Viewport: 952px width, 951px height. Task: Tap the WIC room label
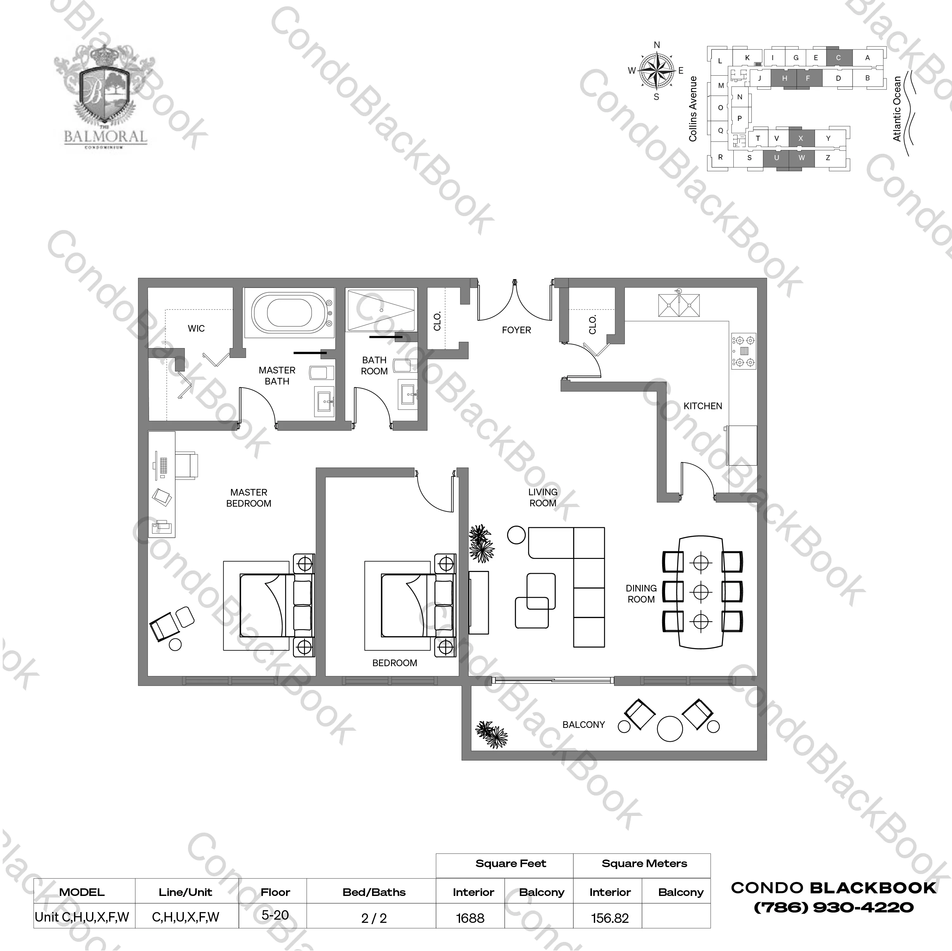coord(196,328)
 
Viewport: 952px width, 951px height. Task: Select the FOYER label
coord(516,330)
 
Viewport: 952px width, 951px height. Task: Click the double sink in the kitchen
coord(679,305)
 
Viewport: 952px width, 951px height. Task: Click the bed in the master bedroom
coord(268,605)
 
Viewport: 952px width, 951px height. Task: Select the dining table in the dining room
coord(701,591)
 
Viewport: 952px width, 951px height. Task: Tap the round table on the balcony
coord(670,728)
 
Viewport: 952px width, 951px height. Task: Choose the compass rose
coord(657,71)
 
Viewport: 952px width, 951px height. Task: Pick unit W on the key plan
coord(802,158)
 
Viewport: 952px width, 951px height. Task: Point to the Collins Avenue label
coord(693,109)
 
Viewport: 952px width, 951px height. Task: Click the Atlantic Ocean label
coord(897,109)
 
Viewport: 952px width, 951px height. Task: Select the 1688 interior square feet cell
coord(470,918)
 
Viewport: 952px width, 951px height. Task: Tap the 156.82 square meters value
coord(610,918)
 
